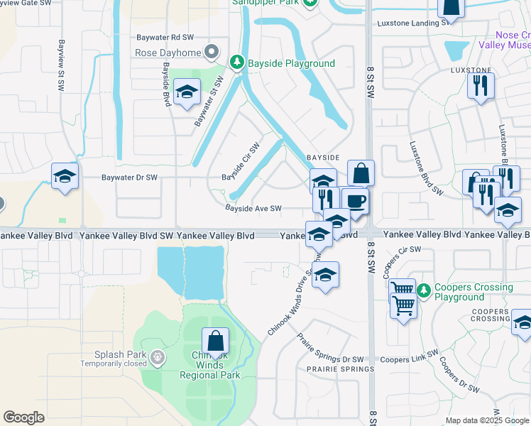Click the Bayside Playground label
point(291,63)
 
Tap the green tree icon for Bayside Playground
point(239,63)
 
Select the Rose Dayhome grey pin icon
point(211,51)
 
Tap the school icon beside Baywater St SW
point(187,93)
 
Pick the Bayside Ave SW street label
point(253,209)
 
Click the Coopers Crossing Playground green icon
point(424,290)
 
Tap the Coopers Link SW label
point(406,360)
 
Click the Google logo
point(24,417)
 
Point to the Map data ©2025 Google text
point(486,420)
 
